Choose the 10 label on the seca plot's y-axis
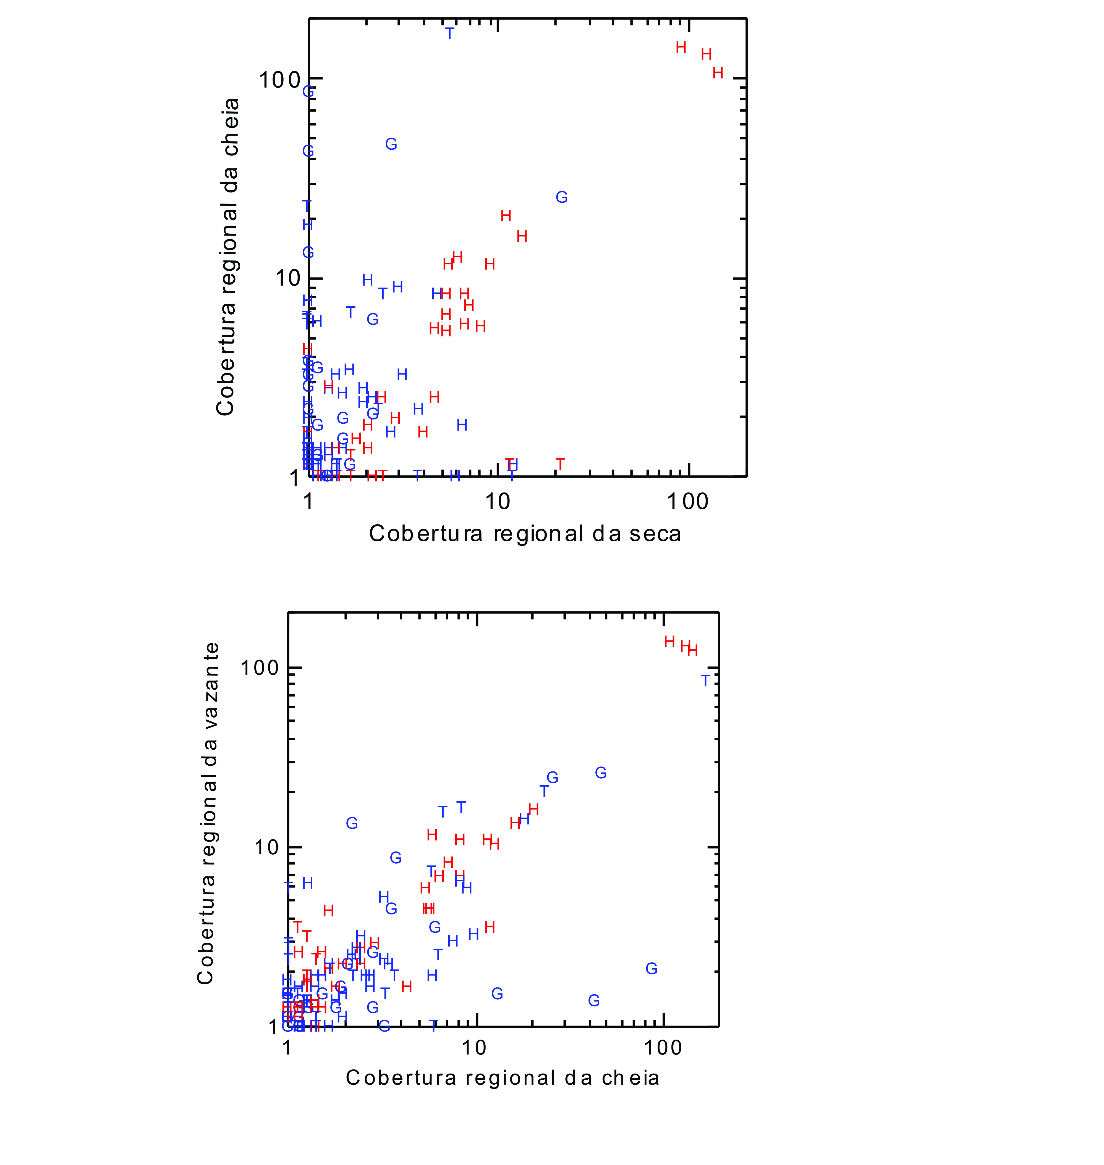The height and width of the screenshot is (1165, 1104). coord(287,279)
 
